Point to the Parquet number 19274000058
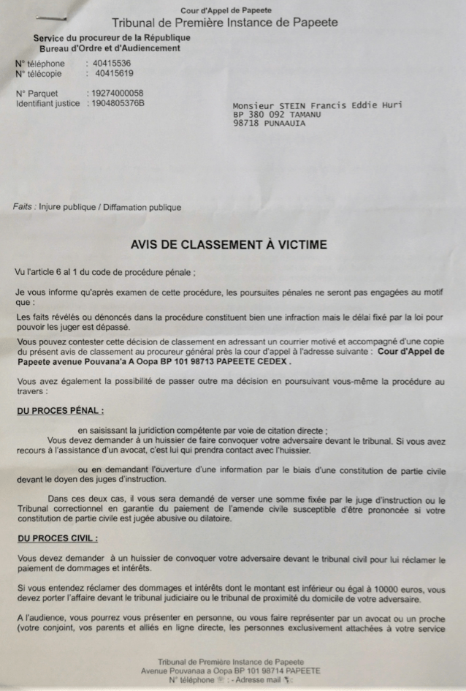(115, 94)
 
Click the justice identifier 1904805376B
(115, 103)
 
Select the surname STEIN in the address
(294, 105)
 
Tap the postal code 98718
(246, 124)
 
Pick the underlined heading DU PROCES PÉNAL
(60, 411)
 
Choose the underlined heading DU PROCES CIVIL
(57, 538)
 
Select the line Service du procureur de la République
(102, 38)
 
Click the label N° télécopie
(39, 73)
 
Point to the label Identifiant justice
(48, 103)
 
